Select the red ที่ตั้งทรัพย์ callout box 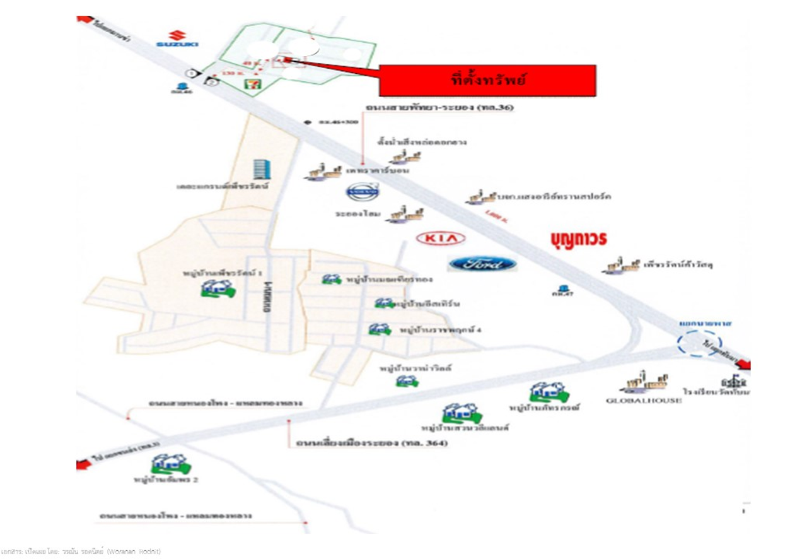[x=487, y=80]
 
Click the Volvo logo [x=363, y=192]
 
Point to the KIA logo [x=441, y=238]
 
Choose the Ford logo [x=483, y=264]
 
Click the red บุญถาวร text [x=577, y=239]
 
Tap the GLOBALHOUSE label [x=644, y=401]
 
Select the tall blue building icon [x=260, y=168]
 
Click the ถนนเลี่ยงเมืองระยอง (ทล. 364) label [x=371, y=444]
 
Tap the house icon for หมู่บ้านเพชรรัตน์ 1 [x=218, y=289]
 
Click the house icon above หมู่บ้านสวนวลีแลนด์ [x=462, y=413]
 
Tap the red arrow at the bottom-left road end [x=84, y=465]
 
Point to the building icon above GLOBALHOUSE [x=644, y=382]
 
